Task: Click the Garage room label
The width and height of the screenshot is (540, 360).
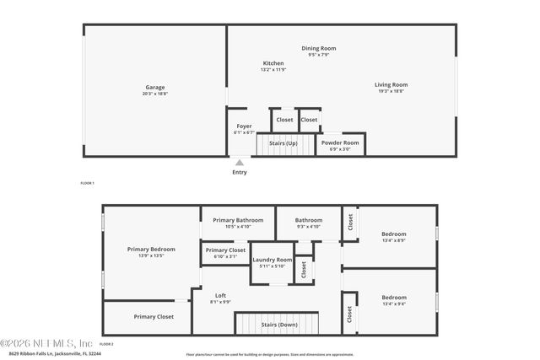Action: click(154, 88)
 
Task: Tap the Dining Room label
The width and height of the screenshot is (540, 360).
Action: click(319, 48)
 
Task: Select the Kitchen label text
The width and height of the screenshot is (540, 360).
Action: click(273, 63)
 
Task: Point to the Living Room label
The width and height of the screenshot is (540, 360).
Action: click(391, 84)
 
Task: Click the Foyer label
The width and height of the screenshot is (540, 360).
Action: click(244, 126)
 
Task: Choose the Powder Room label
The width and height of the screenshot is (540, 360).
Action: click(340, 142)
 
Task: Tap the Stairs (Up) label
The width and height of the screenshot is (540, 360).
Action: click(283, 143)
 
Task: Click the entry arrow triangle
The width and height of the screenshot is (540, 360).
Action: click(240, 163)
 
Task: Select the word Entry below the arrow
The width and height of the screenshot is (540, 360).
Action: click(240, 173)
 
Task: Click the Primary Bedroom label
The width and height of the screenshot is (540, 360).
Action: click(151, 249)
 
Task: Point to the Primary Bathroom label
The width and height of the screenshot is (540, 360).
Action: click(238, 220)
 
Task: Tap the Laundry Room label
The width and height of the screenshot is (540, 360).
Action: click(272, 260)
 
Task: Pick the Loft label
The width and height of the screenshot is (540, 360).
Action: click(220, 295)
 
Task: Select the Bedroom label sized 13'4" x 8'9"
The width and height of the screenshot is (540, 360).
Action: click(394, 234)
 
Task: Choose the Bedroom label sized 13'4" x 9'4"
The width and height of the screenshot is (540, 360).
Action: click(394, 298)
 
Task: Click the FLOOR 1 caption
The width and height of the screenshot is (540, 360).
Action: click(87, 183)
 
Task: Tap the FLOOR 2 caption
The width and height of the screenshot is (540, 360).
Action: click(106, 345)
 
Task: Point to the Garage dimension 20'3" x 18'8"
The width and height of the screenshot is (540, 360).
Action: click(154, 94)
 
